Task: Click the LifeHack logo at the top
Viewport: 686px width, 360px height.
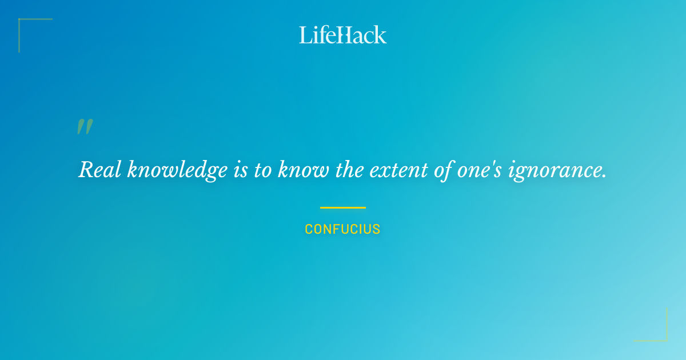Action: [343, 35]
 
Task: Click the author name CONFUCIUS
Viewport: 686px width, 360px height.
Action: [342, 230]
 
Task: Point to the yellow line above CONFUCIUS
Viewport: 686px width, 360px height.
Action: [342, 207]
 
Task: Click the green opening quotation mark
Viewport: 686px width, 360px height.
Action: [85, 127]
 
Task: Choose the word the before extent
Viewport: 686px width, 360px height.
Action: [349, 169]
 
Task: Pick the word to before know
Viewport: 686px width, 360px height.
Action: [263, 169]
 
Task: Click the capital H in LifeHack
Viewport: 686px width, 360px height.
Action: [344, 35]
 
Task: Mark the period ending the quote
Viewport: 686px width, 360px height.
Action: [604, 176]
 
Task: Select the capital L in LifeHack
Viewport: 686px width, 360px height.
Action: [305, 35]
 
